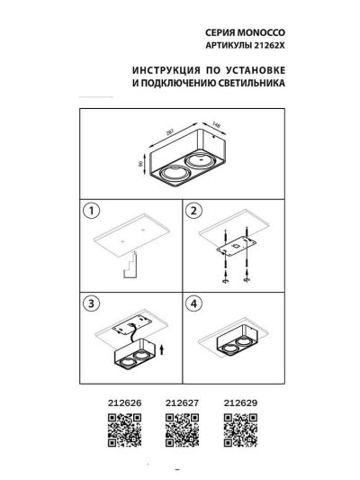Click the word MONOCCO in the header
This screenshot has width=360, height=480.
(261, 32)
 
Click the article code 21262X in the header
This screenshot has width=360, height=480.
(269, 46)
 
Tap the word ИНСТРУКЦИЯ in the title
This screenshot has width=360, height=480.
(166, 70)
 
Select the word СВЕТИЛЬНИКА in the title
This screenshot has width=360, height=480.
(251, 83)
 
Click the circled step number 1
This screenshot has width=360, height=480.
(91, 211)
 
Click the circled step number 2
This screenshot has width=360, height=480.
(193, 211)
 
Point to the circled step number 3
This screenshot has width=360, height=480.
(91, 303)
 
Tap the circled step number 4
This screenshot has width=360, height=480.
(193, 303)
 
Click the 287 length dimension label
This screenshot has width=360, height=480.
(170, 132)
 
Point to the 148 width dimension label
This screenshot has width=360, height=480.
(216, 124)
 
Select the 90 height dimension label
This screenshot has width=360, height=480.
(140, 164)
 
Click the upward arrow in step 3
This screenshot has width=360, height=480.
(162, 349)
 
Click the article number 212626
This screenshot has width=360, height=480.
(124, 403)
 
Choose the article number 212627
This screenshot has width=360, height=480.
(182, 403)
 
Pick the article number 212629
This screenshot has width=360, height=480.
(240, 403)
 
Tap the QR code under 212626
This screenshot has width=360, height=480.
(124, 430)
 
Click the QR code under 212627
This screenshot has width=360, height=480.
(182, 430)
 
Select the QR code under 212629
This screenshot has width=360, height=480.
(240, 430)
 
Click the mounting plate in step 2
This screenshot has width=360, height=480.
(236, 246)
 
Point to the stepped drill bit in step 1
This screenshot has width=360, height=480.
(130, 265)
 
